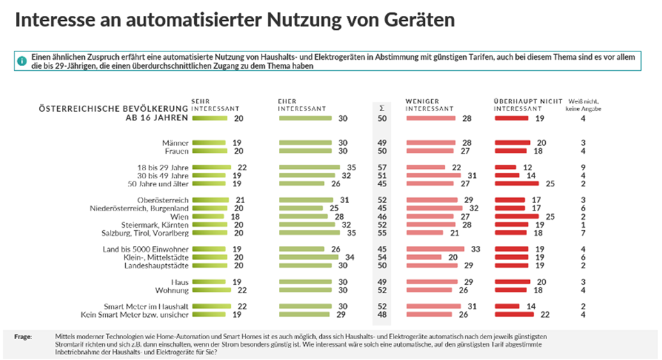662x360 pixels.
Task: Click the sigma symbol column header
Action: point(382,108)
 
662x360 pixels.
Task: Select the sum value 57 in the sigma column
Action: point(382,167)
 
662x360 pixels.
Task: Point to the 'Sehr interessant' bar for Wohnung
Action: point(213,290)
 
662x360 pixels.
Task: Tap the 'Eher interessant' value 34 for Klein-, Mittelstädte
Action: point(351,257)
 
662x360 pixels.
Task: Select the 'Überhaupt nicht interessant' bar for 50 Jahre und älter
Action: point(518,184)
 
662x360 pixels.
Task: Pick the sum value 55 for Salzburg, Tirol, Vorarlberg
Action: point(382,233)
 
